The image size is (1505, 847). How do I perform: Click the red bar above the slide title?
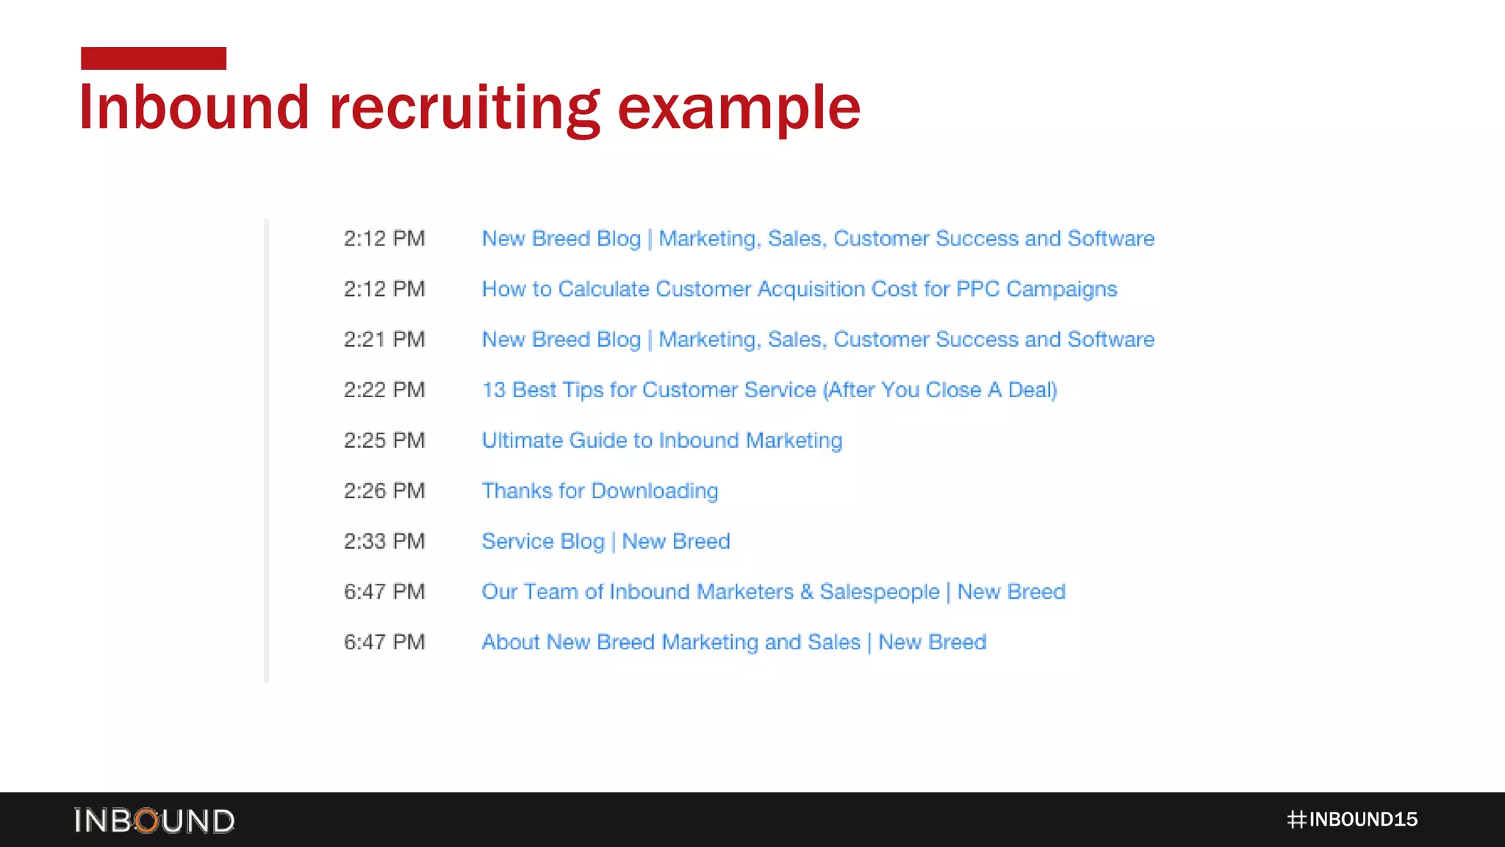coord(154,58)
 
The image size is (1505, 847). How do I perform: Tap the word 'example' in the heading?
coord(739,108)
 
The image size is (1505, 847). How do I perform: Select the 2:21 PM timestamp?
coord(384,340)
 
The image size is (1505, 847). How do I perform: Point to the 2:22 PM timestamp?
coord(384,390)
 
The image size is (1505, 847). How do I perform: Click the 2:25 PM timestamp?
coord(384,440)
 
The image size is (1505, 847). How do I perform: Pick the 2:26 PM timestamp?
coord(384,491)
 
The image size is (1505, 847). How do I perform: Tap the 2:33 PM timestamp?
coord(384,541)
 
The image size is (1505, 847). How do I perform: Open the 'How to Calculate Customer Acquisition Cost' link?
coord(799,289)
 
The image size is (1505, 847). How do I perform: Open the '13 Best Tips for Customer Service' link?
coord(769,390)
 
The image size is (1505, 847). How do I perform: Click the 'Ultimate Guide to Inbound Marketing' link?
coord(661,440)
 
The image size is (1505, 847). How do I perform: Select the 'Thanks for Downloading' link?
coord(600,491)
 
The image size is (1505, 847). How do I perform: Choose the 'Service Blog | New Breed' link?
coord(606,541)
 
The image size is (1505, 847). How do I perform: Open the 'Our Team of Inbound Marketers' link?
coord(773,592)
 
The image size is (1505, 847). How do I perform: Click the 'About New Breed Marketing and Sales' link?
coord(733,643)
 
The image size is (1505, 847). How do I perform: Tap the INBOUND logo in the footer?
coord(154,821)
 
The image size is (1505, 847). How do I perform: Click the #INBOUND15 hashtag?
coord(1352,820)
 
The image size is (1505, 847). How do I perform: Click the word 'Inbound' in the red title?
coord(194,108)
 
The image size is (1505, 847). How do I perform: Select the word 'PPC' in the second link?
coord(977,289)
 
